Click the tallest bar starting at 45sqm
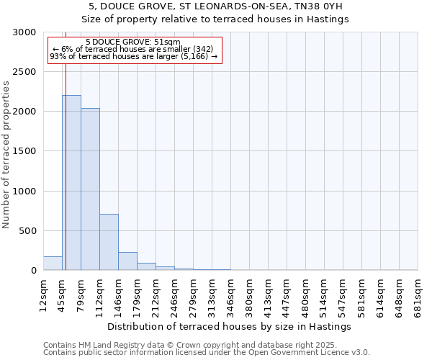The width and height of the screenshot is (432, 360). point(71,183)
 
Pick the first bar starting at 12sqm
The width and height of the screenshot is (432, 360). point(53,264)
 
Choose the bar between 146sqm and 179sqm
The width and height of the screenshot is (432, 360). point(127,261)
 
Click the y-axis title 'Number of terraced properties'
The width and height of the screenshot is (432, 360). point(6,155)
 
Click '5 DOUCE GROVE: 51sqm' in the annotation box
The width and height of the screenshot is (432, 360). point(132,42)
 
